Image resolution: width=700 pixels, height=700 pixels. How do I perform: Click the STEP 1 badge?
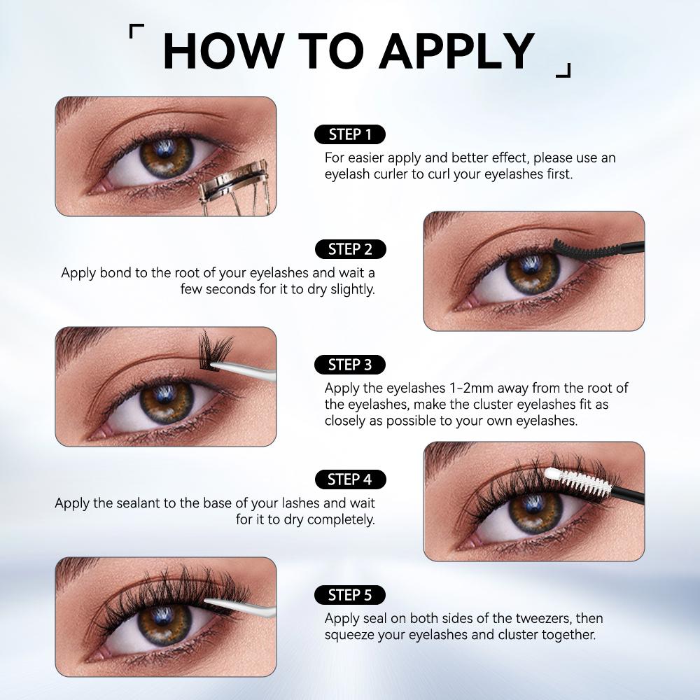coord(350,134)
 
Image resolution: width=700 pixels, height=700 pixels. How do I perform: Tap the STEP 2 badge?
coord(351,249)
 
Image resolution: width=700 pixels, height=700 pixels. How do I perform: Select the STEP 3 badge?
coord(350,365)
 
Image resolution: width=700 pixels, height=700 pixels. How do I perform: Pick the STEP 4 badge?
coord(351,479)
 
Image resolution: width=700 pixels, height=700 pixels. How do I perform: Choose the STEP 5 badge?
coord(350,595)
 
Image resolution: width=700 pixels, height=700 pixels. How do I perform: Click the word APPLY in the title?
coord(457,51)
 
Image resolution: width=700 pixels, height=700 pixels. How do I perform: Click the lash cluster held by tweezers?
coord(215,351)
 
